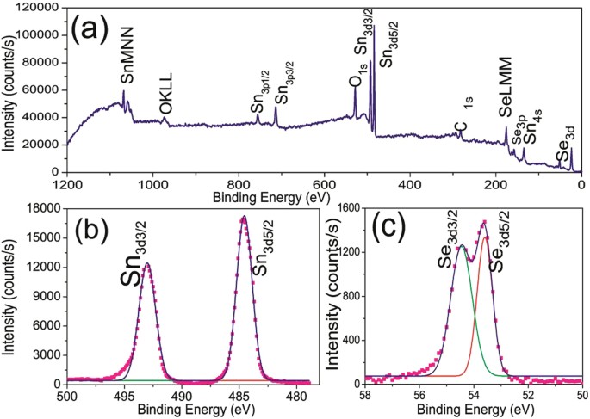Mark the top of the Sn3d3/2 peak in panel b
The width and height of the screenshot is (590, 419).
pos(147,264)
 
